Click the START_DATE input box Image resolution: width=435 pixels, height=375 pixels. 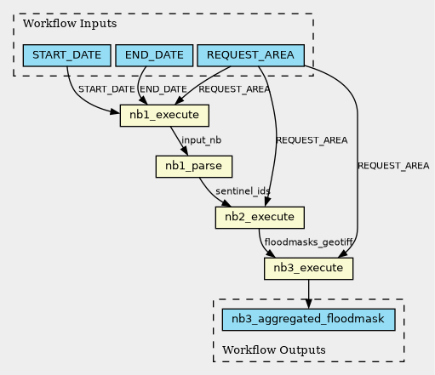[x=66, y=55]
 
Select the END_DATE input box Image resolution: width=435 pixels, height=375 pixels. [x=154, y=55]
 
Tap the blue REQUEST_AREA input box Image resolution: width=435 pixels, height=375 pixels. [x=250, y=55]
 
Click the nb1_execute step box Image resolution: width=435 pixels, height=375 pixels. [x=164, y=116]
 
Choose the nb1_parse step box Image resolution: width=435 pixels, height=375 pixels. [x=194, y=167]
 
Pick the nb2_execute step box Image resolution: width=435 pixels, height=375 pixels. [x=260, y=218]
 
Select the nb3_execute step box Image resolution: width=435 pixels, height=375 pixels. [x=308, y=269]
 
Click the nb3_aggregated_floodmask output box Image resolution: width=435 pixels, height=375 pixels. [x=308, y=320]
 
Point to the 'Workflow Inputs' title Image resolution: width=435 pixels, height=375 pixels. [x=70, y=23]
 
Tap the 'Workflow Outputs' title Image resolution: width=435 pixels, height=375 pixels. [x=274, y=349]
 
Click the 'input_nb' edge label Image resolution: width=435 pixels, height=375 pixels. [x=201, y=140]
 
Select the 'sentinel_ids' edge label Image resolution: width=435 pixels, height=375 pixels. [x=243, y=191]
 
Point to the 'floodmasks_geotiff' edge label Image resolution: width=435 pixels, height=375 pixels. [x=308, y=242]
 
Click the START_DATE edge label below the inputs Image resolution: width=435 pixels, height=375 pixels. [x=106, y=89]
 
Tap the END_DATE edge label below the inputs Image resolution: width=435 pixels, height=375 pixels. [x=163, y=89]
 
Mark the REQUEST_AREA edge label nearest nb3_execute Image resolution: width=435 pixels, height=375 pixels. [x=393, y=166]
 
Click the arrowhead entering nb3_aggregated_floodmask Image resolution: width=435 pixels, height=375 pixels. [x=308, y=304]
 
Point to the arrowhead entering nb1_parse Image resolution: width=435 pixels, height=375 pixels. [x=185, y=151]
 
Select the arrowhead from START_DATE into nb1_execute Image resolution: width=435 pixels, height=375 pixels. [x=115, y=112]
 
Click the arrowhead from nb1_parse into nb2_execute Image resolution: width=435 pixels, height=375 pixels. [x=226, y=203]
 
